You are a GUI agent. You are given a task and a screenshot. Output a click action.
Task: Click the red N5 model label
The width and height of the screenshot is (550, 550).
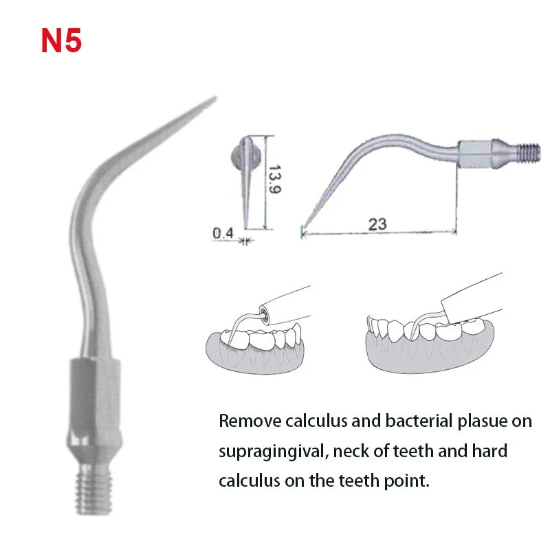tap(61, 41)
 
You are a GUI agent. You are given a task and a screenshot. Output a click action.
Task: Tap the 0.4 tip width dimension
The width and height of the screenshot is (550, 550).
tap(223, 234)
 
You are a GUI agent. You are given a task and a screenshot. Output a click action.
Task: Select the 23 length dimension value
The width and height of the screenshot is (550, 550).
tap(377, 223)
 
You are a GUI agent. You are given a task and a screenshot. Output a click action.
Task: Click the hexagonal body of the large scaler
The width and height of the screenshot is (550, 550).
tap(93, 392)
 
